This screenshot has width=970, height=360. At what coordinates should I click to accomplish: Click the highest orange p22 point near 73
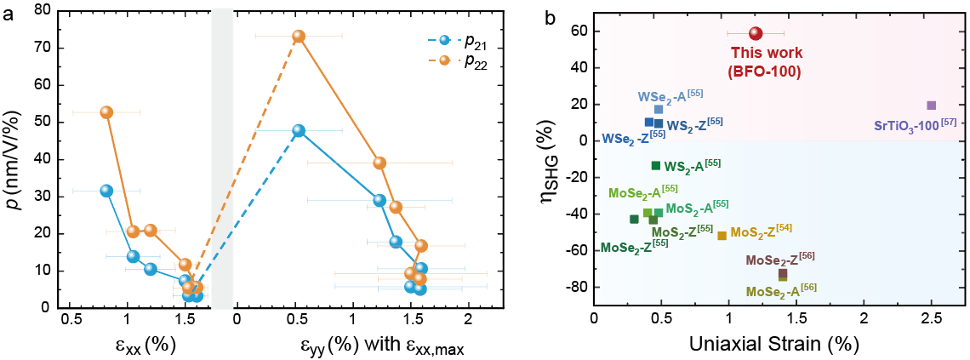point(299,37)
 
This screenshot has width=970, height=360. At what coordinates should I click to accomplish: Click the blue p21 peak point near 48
point(299,131)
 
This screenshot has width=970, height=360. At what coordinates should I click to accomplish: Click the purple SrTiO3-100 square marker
point(932,106)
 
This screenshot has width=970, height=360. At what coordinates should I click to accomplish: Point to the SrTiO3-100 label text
point(915,124)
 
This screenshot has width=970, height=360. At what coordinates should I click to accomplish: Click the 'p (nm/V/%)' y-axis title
point(15,160)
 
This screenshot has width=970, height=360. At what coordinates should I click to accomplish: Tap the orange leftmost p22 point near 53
point(106,112)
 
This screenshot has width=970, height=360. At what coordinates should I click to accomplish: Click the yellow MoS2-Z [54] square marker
point(722,236)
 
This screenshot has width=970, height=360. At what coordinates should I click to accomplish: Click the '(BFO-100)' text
point(765,71)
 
